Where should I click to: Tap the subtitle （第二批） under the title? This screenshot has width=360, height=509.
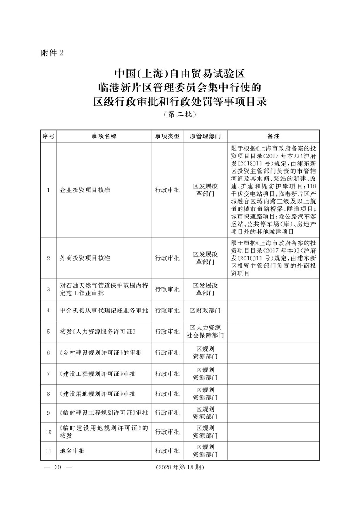(x=180, y=115)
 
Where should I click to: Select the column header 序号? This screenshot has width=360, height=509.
(x=48, y=136)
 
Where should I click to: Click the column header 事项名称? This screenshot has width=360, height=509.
(x=104, y=136)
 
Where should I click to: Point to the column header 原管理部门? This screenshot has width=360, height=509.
(x=205, y=136)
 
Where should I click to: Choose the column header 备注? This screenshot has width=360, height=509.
(x=273, y=136)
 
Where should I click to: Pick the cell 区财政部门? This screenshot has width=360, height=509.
(x=205, y=311)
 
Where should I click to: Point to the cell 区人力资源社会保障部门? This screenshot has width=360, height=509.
(x=205, y=332)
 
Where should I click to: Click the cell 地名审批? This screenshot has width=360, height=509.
(x=72, y=451)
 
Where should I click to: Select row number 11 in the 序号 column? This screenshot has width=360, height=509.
(x=48, y=451)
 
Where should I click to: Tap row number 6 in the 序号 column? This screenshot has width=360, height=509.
(x=48, y=352)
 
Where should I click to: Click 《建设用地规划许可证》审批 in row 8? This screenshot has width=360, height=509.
(x=98, y=394)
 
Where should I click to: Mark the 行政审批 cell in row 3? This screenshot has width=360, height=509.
(x=167, y=289)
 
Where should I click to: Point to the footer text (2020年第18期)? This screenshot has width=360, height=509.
(x=179, y=467)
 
